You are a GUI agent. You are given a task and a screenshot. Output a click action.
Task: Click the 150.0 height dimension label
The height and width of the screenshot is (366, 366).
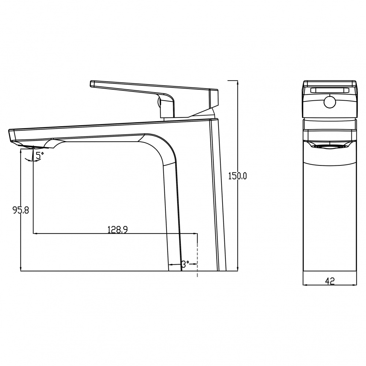pos(237,176)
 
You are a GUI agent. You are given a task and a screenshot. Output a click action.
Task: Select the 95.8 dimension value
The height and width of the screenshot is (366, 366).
pos(20,210)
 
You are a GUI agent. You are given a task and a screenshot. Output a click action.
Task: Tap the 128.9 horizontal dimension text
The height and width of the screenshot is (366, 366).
pos(117,230)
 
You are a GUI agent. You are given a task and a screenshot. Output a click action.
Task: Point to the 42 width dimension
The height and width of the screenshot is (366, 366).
pos(330,281)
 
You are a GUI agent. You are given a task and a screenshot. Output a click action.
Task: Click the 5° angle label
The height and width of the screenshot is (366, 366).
pos(40,155)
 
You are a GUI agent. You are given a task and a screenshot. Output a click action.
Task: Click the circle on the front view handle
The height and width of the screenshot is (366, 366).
pos(330,102)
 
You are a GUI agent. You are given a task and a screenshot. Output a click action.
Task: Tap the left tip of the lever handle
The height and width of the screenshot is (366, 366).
pos(90,84)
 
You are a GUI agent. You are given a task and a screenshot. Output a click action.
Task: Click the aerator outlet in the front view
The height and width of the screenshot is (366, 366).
pos(329,147)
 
